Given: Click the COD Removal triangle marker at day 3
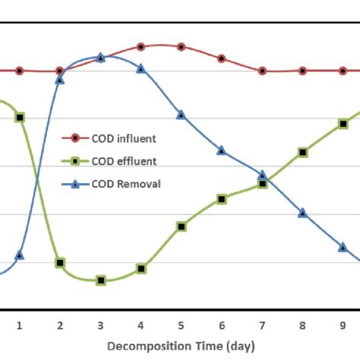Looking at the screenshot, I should (100, 57).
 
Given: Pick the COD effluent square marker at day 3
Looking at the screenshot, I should (100, 280).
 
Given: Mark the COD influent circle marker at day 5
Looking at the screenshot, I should (181, 47).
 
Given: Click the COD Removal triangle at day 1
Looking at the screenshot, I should (20, 254).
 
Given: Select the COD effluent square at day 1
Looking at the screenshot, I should (20, 117).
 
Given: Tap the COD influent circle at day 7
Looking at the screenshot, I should (262, 71).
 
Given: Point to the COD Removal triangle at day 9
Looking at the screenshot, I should (343, 247).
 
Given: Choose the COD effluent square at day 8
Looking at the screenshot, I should (302, 153).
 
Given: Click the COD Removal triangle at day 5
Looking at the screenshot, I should (181, 115).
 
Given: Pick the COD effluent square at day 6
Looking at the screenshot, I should (221, 199).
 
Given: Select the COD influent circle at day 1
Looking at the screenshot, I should (20, 71).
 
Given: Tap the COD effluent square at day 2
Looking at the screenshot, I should (60, 263).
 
